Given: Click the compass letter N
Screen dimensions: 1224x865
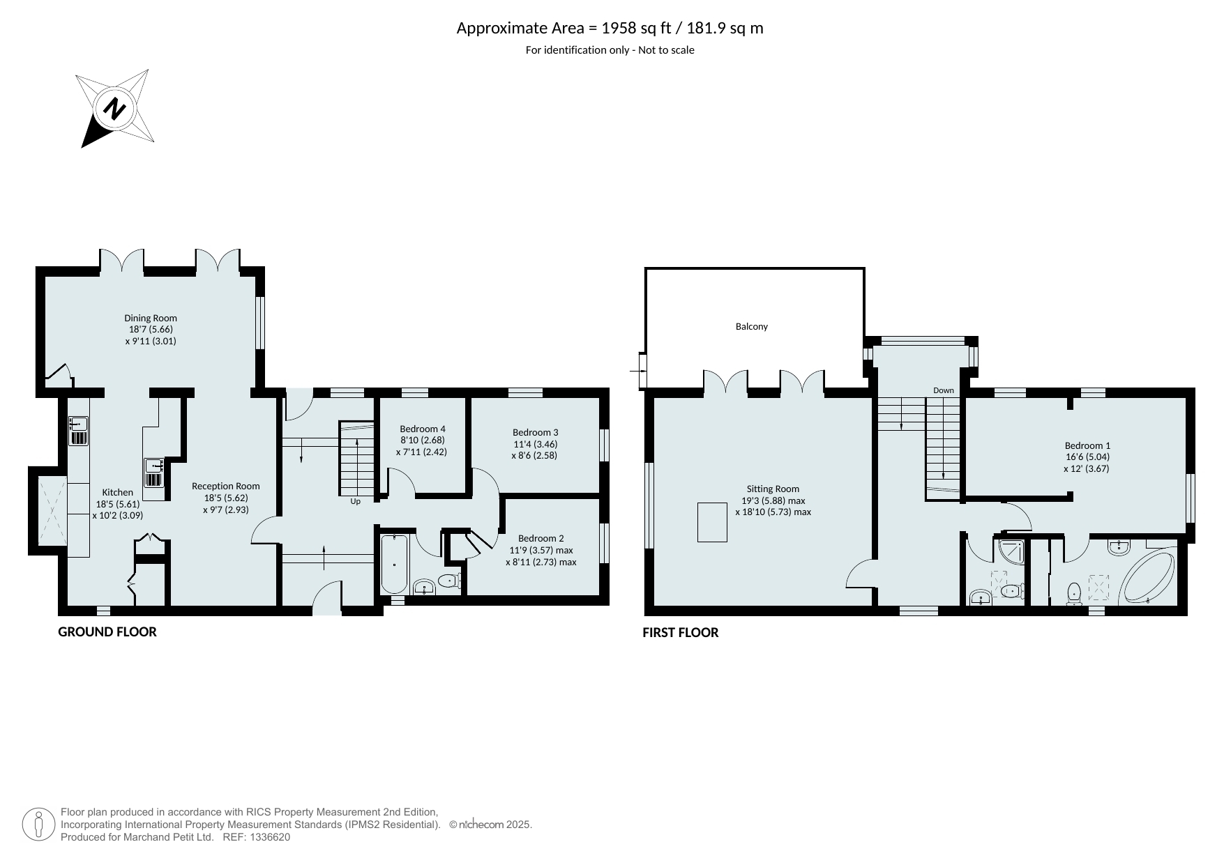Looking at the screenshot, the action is [114, 109].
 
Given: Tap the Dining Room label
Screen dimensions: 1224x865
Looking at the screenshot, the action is [151, 318].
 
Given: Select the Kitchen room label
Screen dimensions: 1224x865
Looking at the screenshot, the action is [117, 492].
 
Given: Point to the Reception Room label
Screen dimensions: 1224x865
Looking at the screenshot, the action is [226, 487].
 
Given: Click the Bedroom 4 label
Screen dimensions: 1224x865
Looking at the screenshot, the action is [423, 429].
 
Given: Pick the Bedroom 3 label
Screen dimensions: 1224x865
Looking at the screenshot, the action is [536, 432].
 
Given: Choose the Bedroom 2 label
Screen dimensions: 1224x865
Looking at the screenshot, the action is [541, 538].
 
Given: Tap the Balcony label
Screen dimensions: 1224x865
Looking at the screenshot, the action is [752, 326].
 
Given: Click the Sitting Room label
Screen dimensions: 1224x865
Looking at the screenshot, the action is [773, 489].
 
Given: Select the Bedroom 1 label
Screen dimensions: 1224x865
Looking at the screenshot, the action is [1087, 445].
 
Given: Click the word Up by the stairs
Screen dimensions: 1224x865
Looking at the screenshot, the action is [356, 501].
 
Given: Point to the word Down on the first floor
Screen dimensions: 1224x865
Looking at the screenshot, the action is [944, 390].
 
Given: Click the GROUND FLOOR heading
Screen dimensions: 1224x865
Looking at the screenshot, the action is [107, 631].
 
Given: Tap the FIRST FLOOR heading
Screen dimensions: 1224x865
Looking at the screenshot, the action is [681, 632].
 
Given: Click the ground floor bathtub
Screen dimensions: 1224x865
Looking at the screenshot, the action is [395, 564].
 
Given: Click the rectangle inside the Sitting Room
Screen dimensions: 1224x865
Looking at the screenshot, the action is [713, 522].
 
